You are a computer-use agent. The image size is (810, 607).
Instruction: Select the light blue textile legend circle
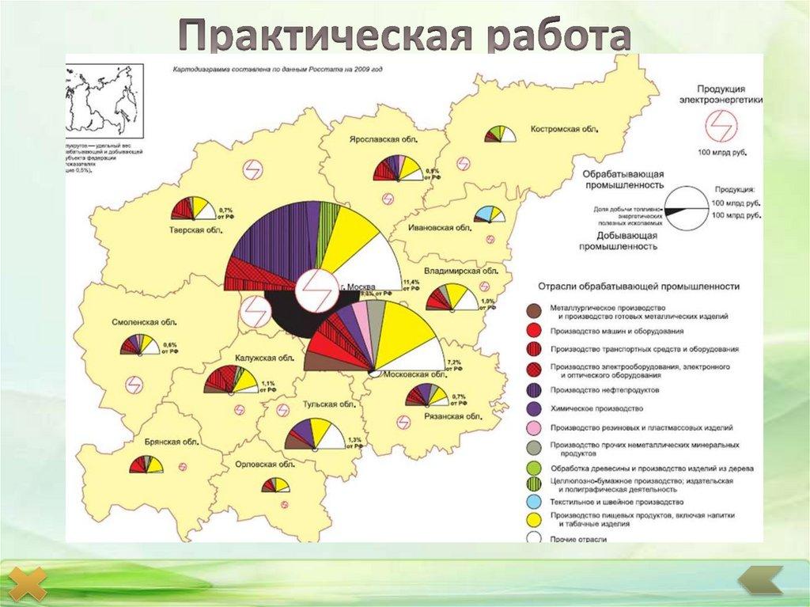[535, 502]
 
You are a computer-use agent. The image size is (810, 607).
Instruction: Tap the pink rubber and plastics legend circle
[535, 428]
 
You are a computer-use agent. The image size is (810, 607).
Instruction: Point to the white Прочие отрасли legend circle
[535, 538]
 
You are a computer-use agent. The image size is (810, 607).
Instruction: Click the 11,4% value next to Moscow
[411, 282]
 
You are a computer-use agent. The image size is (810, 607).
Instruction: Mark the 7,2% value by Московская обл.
[454, 362]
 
